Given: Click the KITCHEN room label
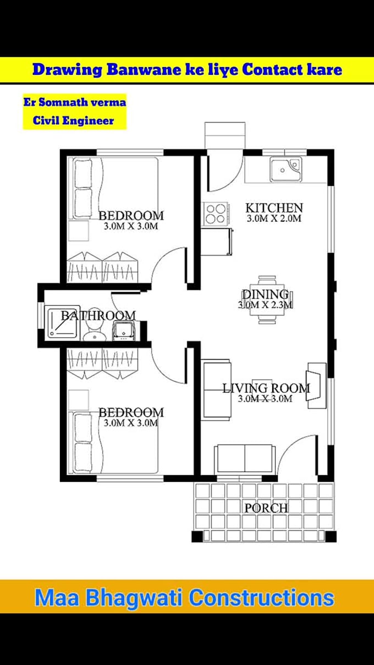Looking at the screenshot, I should (274, 208).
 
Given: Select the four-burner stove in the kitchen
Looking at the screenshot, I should (216, 214).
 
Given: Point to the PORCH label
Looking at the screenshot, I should (266, 508).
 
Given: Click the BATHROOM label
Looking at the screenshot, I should (98, 316).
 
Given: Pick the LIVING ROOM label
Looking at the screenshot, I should (266, 388).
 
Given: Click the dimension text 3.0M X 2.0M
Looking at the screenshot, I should (274, 218).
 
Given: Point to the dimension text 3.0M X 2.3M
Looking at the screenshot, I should (265, 305).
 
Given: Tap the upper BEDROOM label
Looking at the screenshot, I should (131, 216).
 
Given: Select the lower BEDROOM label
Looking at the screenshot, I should (131, 413).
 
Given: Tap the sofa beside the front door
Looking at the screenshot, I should (245, 458).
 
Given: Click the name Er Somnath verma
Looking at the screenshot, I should (74, 102).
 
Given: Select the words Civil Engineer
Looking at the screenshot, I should (74, 120).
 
